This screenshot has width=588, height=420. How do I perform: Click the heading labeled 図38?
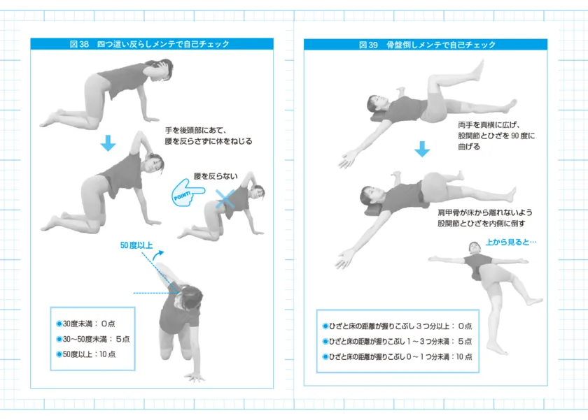coord(149,44)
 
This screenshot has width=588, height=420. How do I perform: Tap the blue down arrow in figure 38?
coord(107,143)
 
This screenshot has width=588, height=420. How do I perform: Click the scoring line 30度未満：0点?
coord(85,324)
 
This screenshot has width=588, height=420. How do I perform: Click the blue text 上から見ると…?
coord(510,243)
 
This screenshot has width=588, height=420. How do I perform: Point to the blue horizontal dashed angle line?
coord(150,293)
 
